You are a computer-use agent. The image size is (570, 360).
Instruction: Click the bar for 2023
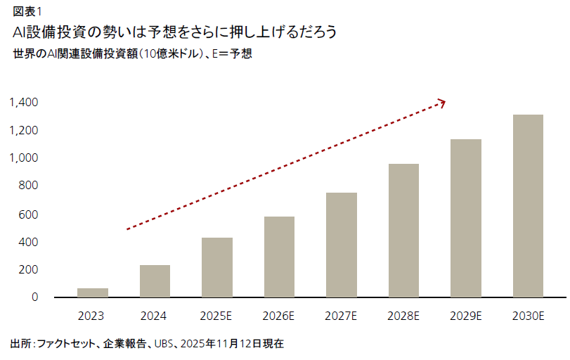(x=93, y=293)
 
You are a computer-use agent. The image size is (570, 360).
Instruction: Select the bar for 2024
(x=155, y=281)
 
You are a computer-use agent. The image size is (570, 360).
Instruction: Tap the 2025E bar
(x=217, y=268)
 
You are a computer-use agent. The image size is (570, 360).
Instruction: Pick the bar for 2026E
(x=279, y=257)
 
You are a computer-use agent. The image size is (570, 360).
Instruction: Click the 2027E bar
(x=342, y=245)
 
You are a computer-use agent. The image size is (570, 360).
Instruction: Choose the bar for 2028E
(x=403, y=231)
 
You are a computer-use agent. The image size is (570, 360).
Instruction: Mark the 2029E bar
(x=466, y=219)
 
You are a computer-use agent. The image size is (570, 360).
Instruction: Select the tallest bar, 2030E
(x=528, y=206)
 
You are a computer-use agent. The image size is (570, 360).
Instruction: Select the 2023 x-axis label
(x=93, y=316)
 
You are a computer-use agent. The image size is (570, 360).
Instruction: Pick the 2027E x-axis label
(x=342, y=316)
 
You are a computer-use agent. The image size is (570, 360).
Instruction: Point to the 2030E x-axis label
(x=528, y=316)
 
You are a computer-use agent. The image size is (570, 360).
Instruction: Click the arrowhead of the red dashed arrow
(x=442, y=103)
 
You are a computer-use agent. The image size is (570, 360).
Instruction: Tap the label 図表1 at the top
(x=27, y=10)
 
